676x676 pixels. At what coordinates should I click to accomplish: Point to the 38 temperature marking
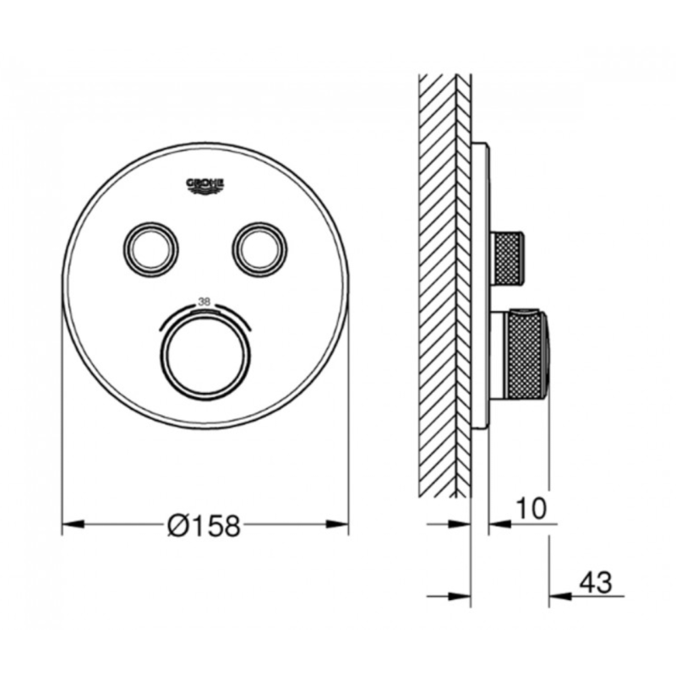204,300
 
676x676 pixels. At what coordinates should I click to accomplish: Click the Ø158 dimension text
204,526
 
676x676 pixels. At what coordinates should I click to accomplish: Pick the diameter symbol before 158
178,526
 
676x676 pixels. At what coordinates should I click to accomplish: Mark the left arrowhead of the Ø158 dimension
72,525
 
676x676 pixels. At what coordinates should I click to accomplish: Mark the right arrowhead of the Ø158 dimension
339,525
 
